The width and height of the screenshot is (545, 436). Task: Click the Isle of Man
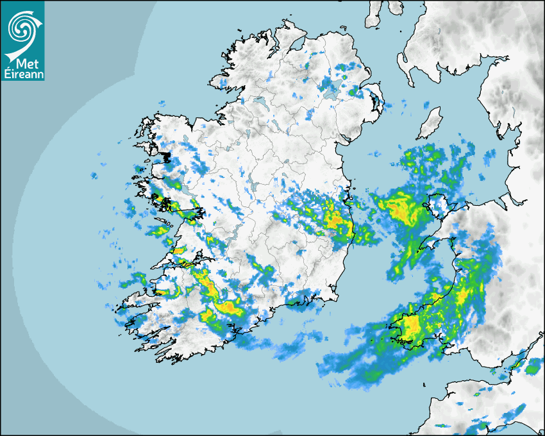point(430,124)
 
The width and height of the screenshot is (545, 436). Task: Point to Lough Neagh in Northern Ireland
point(331,90)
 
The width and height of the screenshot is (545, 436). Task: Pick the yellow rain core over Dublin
point(335,219)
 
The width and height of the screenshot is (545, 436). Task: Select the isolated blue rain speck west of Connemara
point(94,175)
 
